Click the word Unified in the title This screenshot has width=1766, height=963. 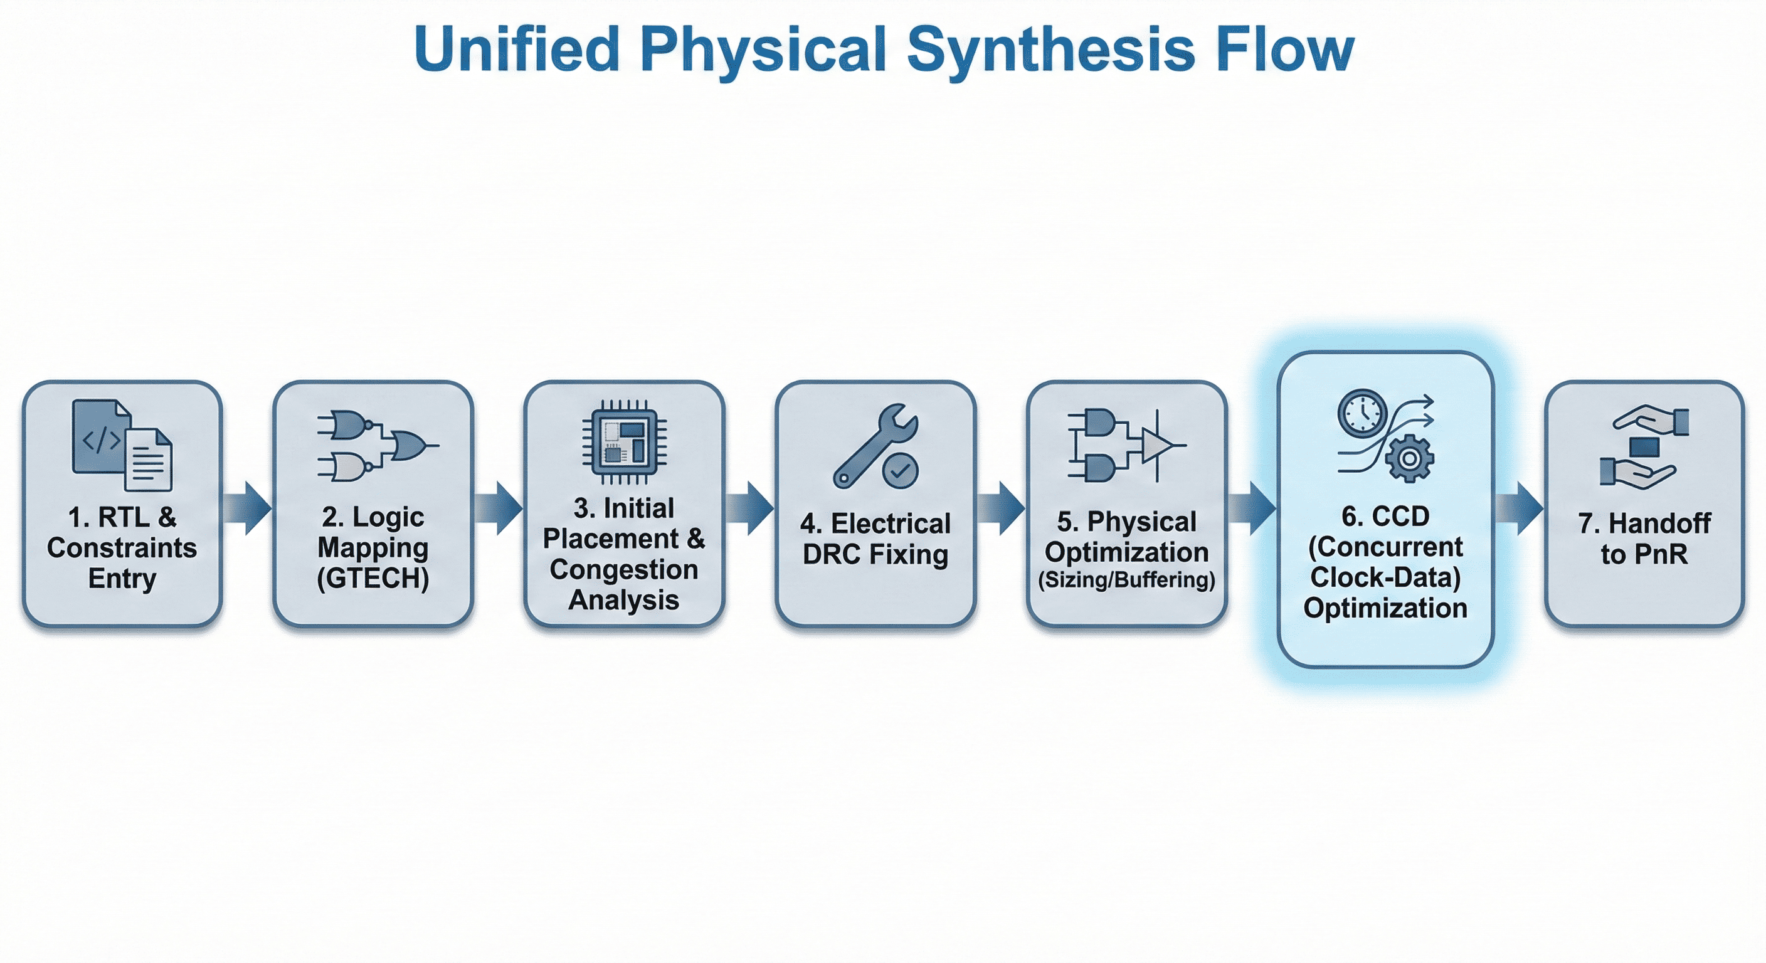point(517,50)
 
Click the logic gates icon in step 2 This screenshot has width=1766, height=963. point(377,446)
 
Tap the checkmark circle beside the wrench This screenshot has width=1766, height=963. point(899,470)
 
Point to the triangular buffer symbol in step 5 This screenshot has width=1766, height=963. point(1157,446)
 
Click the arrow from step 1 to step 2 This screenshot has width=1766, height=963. point(248,508)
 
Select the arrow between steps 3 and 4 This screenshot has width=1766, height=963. point(750,508)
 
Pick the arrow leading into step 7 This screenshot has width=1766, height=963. point(1518,508)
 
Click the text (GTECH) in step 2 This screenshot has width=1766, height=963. point(373,579)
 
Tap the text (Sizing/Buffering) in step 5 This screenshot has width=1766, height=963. point(1126,580)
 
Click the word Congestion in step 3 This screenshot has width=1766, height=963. point(623,569)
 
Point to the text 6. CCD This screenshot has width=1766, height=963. point(1385,516)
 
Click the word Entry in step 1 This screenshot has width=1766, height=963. point(122,579)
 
